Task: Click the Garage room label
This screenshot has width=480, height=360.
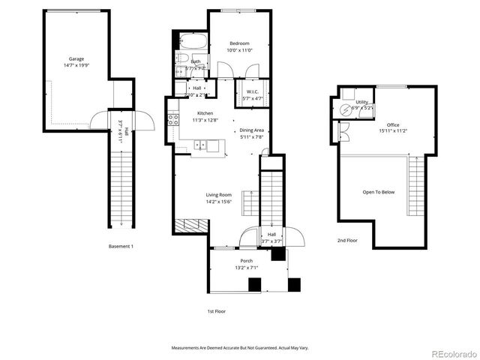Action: coord(76,58)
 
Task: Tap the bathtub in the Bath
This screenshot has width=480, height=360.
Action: coord(194,41)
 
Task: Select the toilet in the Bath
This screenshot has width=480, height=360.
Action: coord(181,58)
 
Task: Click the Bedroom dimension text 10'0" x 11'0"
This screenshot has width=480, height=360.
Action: coord(239,50)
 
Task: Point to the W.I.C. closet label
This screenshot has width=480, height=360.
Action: coord(251,92)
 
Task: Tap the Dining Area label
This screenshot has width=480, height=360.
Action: coord(251,130)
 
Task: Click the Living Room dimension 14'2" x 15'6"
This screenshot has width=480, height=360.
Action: coord(219,202)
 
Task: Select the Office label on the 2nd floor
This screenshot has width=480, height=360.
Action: coord(393,124)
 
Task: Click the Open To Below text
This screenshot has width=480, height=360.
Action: coord(379,192)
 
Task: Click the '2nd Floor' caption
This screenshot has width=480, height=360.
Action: coord(347,241)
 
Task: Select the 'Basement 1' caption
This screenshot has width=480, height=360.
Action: coord(121,247)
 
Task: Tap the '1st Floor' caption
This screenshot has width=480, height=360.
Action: coord(216,310)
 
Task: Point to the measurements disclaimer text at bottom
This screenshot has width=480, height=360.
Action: coord(239,348)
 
